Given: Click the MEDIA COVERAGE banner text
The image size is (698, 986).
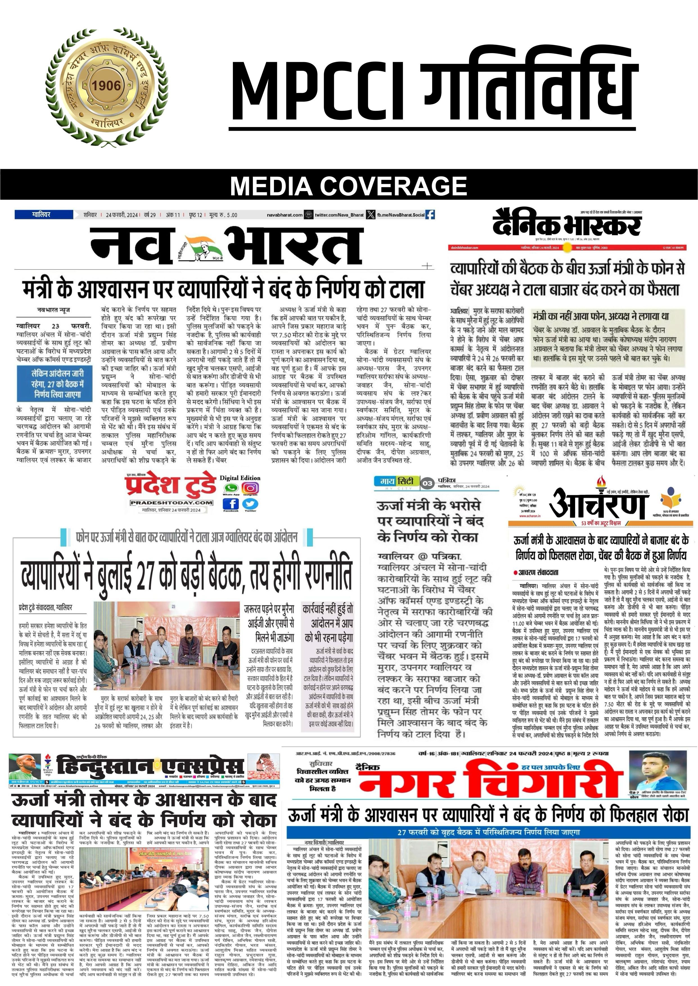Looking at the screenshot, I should tap(348, 186).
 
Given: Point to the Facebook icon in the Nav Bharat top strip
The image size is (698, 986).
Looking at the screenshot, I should tap(429, 215).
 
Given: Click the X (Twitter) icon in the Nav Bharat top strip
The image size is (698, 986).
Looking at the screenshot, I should tap(370, 215).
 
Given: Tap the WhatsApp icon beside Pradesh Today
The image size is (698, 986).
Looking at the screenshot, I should tap(231, 488).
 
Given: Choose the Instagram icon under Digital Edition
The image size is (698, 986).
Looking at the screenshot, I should tap(250, 488).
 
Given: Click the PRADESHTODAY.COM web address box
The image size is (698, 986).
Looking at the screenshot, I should tap(172, 503).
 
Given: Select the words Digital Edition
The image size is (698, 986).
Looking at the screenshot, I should tap(240, 478).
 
